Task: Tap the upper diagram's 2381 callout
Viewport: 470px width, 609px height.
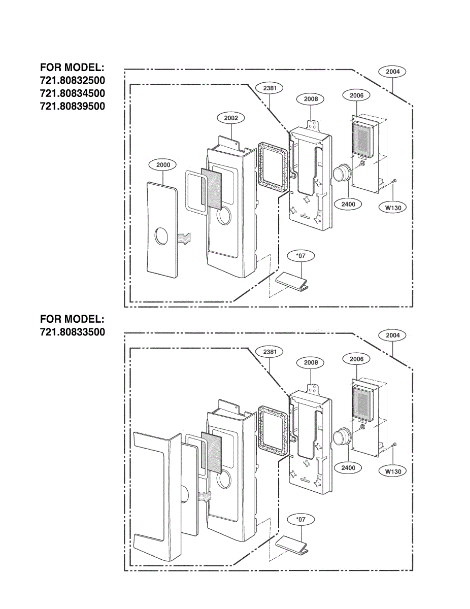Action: coord(270,88)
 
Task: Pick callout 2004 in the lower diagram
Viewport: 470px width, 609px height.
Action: coord(392,335)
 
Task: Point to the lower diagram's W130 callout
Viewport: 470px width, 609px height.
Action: coord(393,471)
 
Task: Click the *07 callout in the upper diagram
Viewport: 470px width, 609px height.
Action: coord(300,256)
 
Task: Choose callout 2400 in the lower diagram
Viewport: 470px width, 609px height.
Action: coord(348,467)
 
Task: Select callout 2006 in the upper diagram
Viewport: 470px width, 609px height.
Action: coord(356,95)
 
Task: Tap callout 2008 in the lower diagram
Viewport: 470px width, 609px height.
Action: coord(311,362)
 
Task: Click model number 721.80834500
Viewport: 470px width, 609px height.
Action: coord(73,93)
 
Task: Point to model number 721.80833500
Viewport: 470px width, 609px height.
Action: coord(73,332)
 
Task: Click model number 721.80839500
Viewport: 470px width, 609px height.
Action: coord(73,106)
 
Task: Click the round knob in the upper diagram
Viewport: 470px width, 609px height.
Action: coord(342,173)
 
